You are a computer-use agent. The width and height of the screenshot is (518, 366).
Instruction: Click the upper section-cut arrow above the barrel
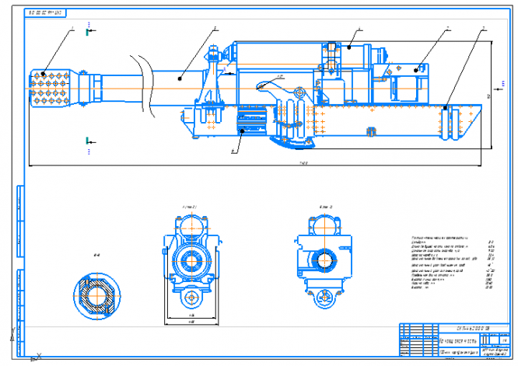[91, 32]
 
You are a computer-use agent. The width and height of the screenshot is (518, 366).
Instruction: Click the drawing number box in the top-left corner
[47, 13]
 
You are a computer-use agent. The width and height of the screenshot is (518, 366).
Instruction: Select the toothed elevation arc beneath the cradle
[292, 142]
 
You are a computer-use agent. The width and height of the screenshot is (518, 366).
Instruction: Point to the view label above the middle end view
[189, 207]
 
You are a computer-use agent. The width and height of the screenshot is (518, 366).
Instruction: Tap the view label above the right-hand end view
[326, 207]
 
